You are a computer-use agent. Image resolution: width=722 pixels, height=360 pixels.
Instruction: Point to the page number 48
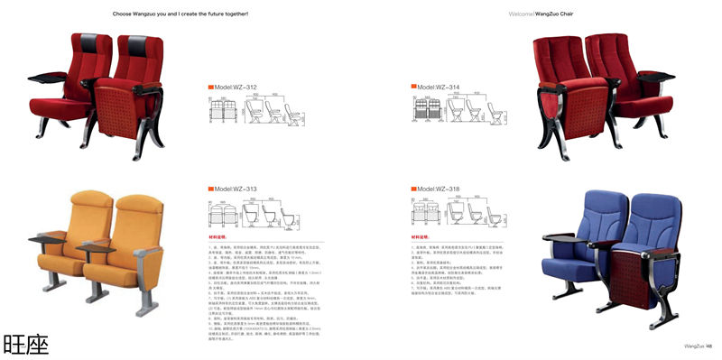coord(710,344)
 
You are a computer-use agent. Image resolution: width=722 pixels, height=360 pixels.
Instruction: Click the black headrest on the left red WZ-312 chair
coord(93,42)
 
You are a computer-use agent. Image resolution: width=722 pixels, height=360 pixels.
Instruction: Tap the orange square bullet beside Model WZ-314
coord(413,88)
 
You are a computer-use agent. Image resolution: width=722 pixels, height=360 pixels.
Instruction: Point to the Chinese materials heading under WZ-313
coord(220,237)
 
